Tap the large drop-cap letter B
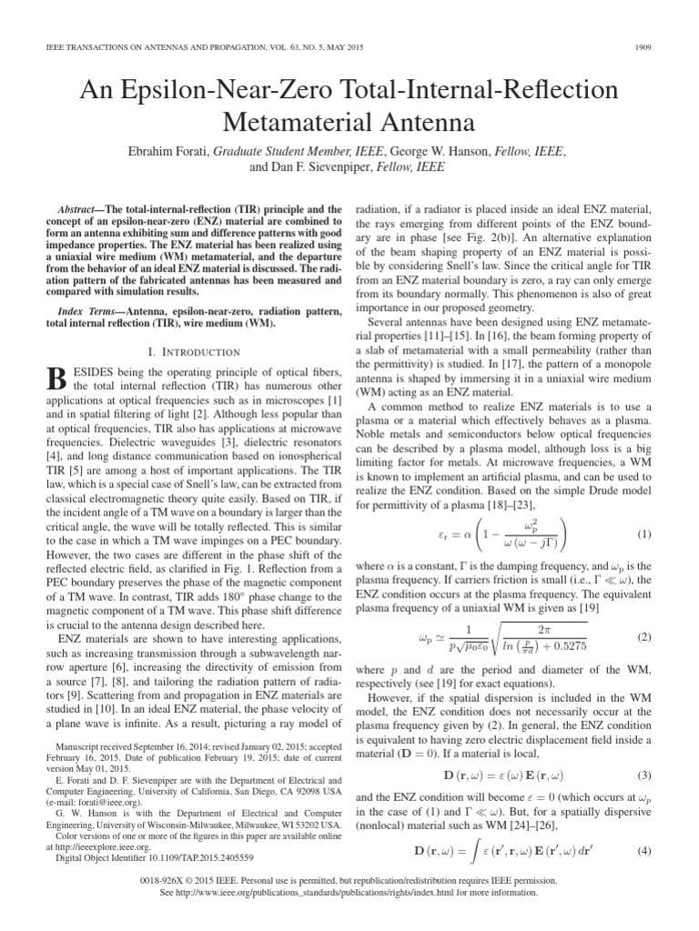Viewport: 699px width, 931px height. pos(56,381)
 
